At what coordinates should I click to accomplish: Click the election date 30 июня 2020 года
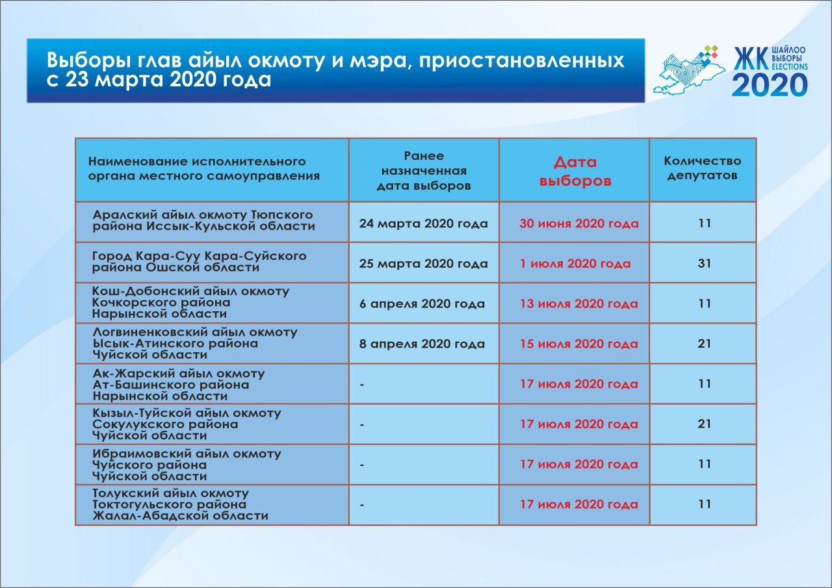[x=578, y=224]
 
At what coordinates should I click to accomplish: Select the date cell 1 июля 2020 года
[x=575, y=264]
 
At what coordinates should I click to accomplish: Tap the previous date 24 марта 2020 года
[x=423, y=224]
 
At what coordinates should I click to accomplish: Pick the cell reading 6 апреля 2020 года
[x=422, y=304]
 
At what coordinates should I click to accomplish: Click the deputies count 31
[x=705, y=264]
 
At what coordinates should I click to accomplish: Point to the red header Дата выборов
[x=575, y=172]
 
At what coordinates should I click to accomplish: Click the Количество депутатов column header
[x=702, y=168]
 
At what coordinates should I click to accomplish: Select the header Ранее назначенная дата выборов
[x=424, y=170]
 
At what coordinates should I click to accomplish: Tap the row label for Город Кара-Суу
[x=200, y=262]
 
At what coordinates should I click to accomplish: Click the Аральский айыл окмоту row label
[x=203, y=221]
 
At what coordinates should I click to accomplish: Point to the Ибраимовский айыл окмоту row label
[x=187, y=465]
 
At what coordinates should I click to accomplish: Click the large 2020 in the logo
[x=770, y=84]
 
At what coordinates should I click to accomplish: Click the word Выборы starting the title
[x=84, y=60]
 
